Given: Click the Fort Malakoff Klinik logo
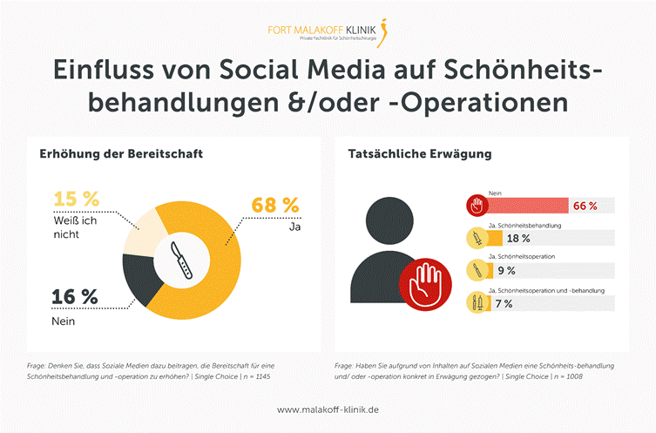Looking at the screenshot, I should (x=328, y=32).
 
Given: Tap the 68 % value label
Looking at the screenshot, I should (x=275, y=206).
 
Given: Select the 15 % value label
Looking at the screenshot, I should (x=76, y=199).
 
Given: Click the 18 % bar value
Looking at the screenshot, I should (x=518, y=238).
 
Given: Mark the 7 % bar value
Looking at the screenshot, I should (x=504, y=303).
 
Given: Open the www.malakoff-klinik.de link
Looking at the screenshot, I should (x=328, y=409).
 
